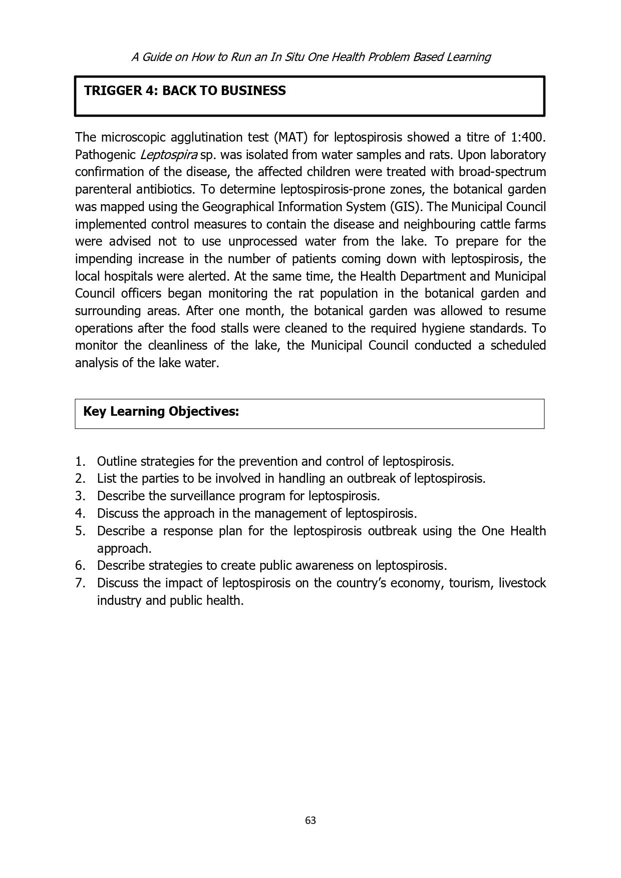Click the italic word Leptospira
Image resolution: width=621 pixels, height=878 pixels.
(x=168, y=155)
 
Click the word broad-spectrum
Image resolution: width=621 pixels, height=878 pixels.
(x=502, y=172)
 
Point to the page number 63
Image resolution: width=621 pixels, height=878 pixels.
(x=310, y=820)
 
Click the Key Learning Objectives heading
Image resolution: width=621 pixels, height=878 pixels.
(x=161, y=411)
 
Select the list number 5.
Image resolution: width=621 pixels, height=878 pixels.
(x=80, y=531)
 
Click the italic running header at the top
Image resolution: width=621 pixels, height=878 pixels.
(x=310, y=57)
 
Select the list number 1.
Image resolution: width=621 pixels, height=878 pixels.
(x=80, y=461)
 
